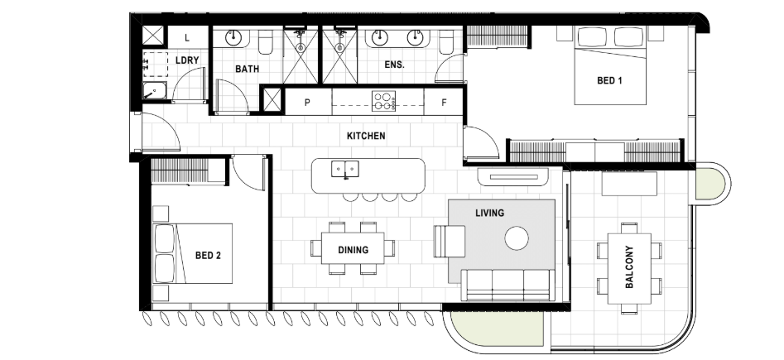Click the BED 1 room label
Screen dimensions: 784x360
(609, 80)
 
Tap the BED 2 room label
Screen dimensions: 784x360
(208, 256)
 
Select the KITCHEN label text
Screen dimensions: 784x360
(366, 136)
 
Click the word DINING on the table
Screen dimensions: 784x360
(353, 250)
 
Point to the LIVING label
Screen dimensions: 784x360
(489, 213)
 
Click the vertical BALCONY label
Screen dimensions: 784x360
(629, 267)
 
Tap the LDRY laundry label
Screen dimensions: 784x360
(187, 60)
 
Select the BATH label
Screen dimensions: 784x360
(247, 69)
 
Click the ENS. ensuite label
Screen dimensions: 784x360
(394, 65)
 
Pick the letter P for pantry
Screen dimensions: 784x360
(307, 103)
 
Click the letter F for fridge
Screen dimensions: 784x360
(444, 103)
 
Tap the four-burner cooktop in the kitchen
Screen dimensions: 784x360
(383, 101)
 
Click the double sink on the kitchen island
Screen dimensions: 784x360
(345, 169)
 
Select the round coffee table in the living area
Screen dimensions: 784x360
(517, 238)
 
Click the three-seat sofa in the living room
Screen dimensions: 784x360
(507, 285)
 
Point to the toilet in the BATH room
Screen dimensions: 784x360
(266, 42)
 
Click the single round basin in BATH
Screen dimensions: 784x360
(233, 37)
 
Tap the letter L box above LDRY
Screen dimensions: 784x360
(187, 37)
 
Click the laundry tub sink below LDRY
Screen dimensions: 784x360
(155, 91)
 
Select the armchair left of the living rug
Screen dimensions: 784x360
(450, 241)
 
